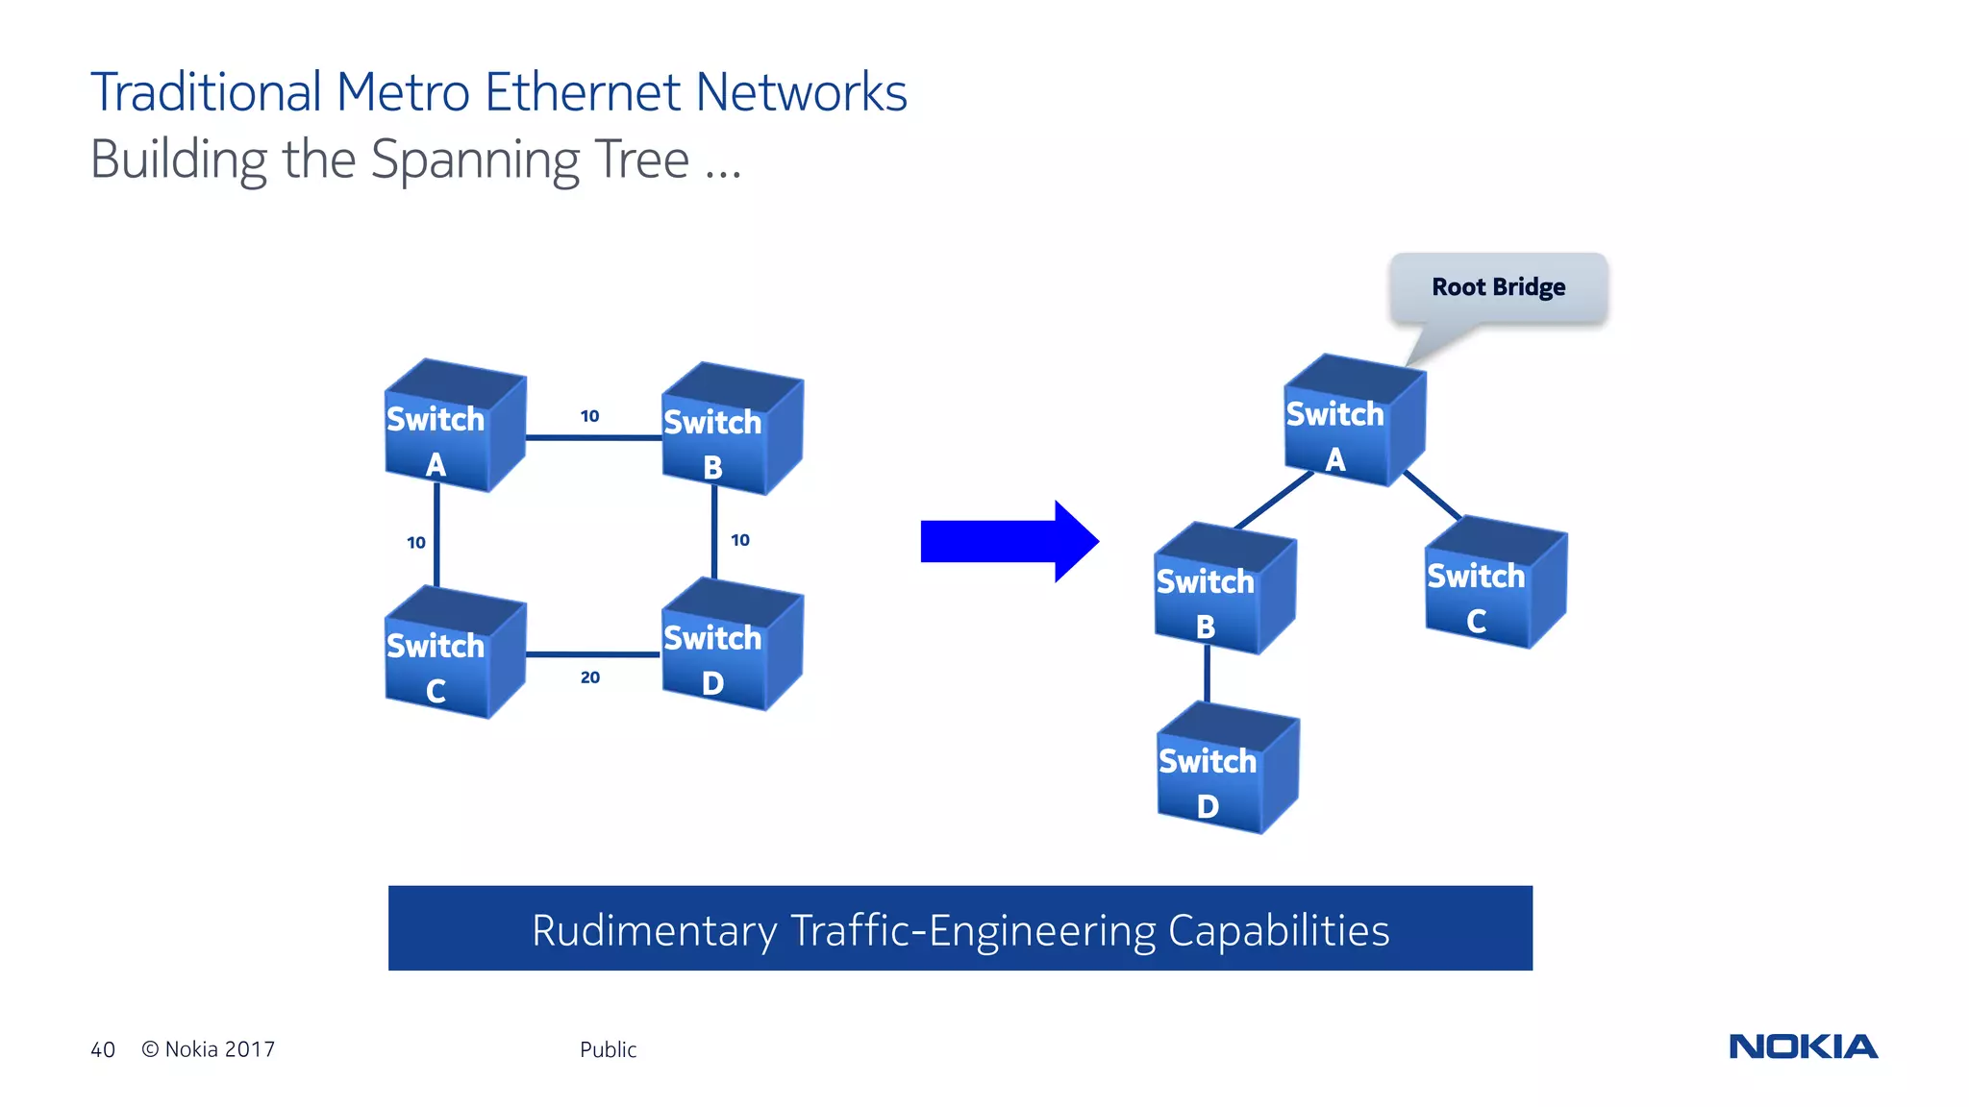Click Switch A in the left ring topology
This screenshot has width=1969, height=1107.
453,428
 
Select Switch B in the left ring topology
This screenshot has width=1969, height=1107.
731,430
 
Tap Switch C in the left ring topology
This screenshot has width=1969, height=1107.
453,654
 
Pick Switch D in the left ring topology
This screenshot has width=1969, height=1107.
731,646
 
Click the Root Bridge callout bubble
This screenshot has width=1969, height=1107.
1498,287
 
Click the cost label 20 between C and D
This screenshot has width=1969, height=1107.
590,677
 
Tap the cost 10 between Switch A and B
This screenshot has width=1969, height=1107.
589,416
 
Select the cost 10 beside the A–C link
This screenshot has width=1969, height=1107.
415,543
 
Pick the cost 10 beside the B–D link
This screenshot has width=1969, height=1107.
740,540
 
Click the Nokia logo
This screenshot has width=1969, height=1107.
1803,1046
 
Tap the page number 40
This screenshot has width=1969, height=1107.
103,1049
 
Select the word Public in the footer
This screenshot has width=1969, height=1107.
608,1049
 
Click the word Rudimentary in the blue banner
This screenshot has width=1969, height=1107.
654,930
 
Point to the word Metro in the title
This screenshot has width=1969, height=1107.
403,93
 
